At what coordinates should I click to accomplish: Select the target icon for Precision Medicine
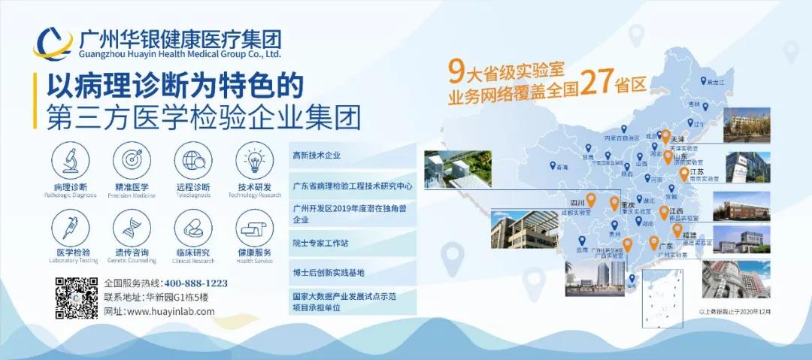(x=127, y=159)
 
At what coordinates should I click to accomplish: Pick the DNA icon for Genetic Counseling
(x=127, y=225)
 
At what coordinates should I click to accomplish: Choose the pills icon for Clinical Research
(x=189, y=225)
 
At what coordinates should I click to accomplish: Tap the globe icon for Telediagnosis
(x=189, y=159)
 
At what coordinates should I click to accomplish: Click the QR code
(x=77, y=298)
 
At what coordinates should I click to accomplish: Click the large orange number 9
(x=454, y=71)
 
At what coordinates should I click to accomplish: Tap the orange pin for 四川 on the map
(x=591, y=199)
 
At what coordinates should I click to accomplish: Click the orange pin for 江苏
(x=683, y=174)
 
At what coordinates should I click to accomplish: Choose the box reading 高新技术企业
(x=352, y=156)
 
